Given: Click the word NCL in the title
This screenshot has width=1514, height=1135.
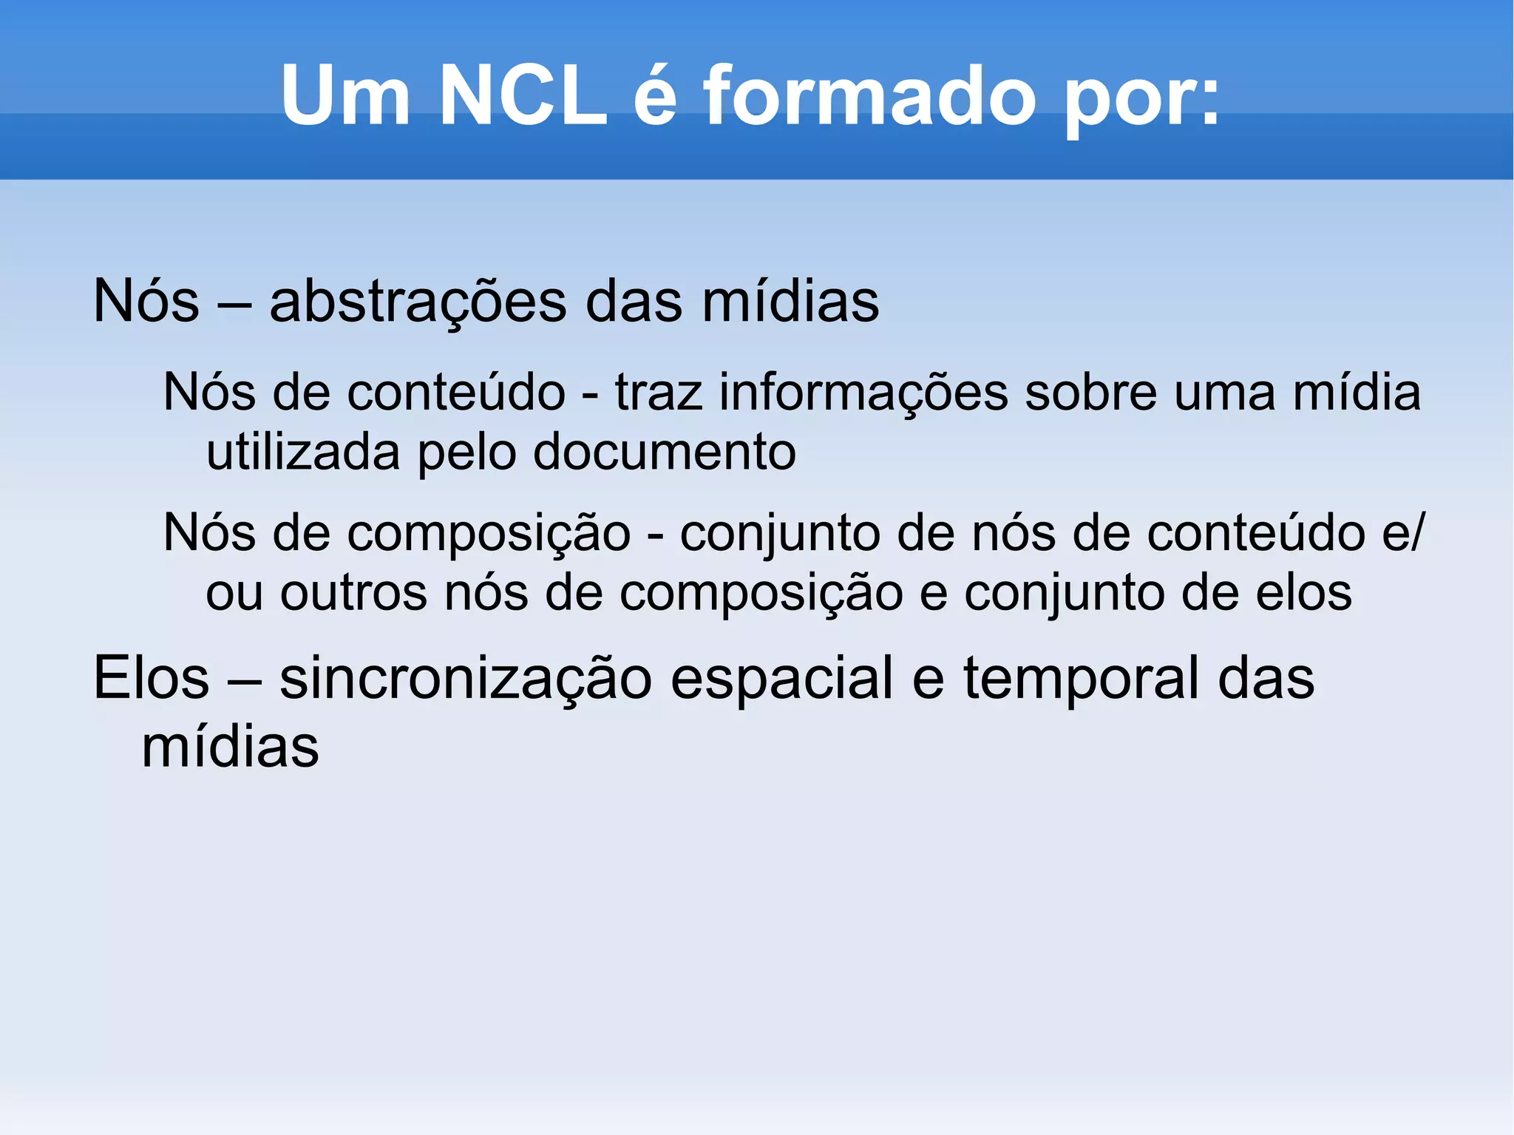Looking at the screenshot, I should pos(522,96).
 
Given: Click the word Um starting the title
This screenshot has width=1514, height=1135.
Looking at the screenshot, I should pos(345,96).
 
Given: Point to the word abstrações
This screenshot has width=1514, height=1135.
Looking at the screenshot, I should pos(418,302).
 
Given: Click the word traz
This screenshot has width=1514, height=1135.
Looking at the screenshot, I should pos(659,393).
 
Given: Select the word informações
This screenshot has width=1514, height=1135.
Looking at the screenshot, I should pos(863,393).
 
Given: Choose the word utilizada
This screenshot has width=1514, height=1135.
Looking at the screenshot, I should pos(303,452).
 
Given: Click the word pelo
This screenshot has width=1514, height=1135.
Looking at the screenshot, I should pos(467,452).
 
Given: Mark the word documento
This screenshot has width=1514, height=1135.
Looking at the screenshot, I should pos(664,452).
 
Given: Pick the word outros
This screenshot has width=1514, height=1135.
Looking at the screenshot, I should pos(353,593).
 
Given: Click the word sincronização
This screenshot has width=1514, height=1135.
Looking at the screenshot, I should pos(466,678).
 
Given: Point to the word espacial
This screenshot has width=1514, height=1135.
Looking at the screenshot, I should pos(781,678).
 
